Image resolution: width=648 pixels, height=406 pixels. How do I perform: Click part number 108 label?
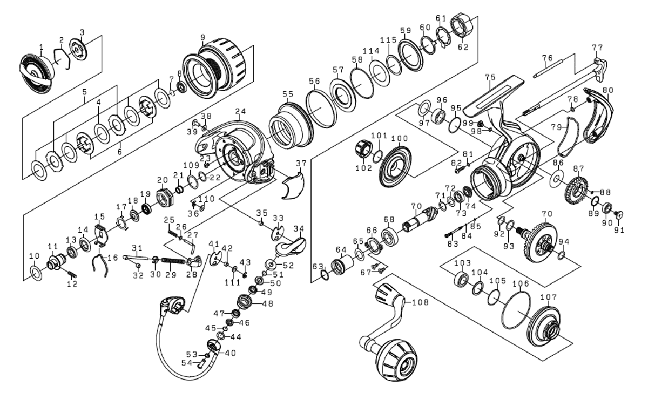(420, 302)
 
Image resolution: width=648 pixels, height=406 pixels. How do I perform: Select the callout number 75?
(490, 77)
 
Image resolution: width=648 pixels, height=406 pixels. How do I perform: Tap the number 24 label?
(240, 111)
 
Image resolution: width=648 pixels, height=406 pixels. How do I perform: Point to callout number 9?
(202, 37)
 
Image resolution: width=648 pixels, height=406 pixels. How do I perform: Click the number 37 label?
(301, 164)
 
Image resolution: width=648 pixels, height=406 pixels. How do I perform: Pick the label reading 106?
(521, 283)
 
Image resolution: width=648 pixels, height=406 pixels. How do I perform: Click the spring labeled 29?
(173, 261)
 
